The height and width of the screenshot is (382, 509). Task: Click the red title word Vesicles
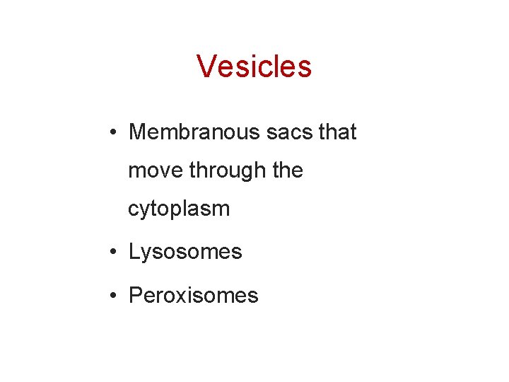[254, 66]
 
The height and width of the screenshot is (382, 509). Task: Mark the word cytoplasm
[179, 209]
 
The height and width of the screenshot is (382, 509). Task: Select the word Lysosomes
[185, 252]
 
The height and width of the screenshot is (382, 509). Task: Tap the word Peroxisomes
[194, 295]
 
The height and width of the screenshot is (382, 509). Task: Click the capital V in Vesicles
[206, 66]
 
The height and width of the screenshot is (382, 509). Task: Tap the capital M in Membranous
[137, 132]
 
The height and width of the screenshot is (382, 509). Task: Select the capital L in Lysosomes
[134, 252]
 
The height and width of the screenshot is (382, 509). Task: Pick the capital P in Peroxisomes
[135, 295]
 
